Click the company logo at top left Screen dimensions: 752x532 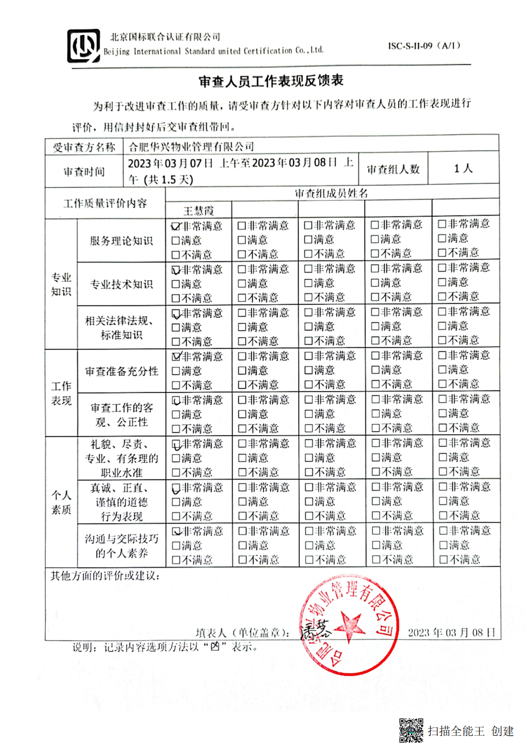[x=84, y=46]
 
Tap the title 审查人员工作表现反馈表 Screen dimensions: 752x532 [x=271, y=81]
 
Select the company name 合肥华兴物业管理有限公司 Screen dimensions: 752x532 [x=191, y=146]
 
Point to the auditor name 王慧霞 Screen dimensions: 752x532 [x=198, y=211]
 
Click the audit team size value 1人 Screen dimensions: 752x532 [x=463, y=168]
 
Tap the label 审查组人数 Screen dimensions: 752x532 [x=393, y=169]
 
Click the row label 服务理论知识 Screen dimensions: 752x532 [x=121, y=241]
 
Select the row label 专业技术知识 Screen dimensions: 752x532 [x=121, y=284]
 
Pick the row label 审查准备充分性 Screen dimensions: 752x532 [x=122, y=371]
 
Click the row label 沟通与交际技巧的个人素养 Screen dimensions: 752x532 [x=122, y=546]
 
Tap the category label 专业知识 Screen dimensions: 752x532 [x=61, y=284]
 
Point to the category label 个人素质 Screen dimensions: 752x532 [x=61, y=502]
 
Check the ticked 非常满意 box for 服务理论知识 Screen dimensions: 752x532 [x=176, y=226]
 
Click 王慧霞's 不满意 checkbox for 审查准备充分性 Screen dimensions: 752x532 [x=176, y=385]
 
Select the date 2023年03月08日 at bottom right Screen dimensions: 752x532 [x=451, y=632]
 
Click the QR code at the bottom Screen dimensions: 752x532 [x=411, y=730]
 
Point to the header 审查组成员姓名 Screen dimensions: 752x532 [x=331, y=193]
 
